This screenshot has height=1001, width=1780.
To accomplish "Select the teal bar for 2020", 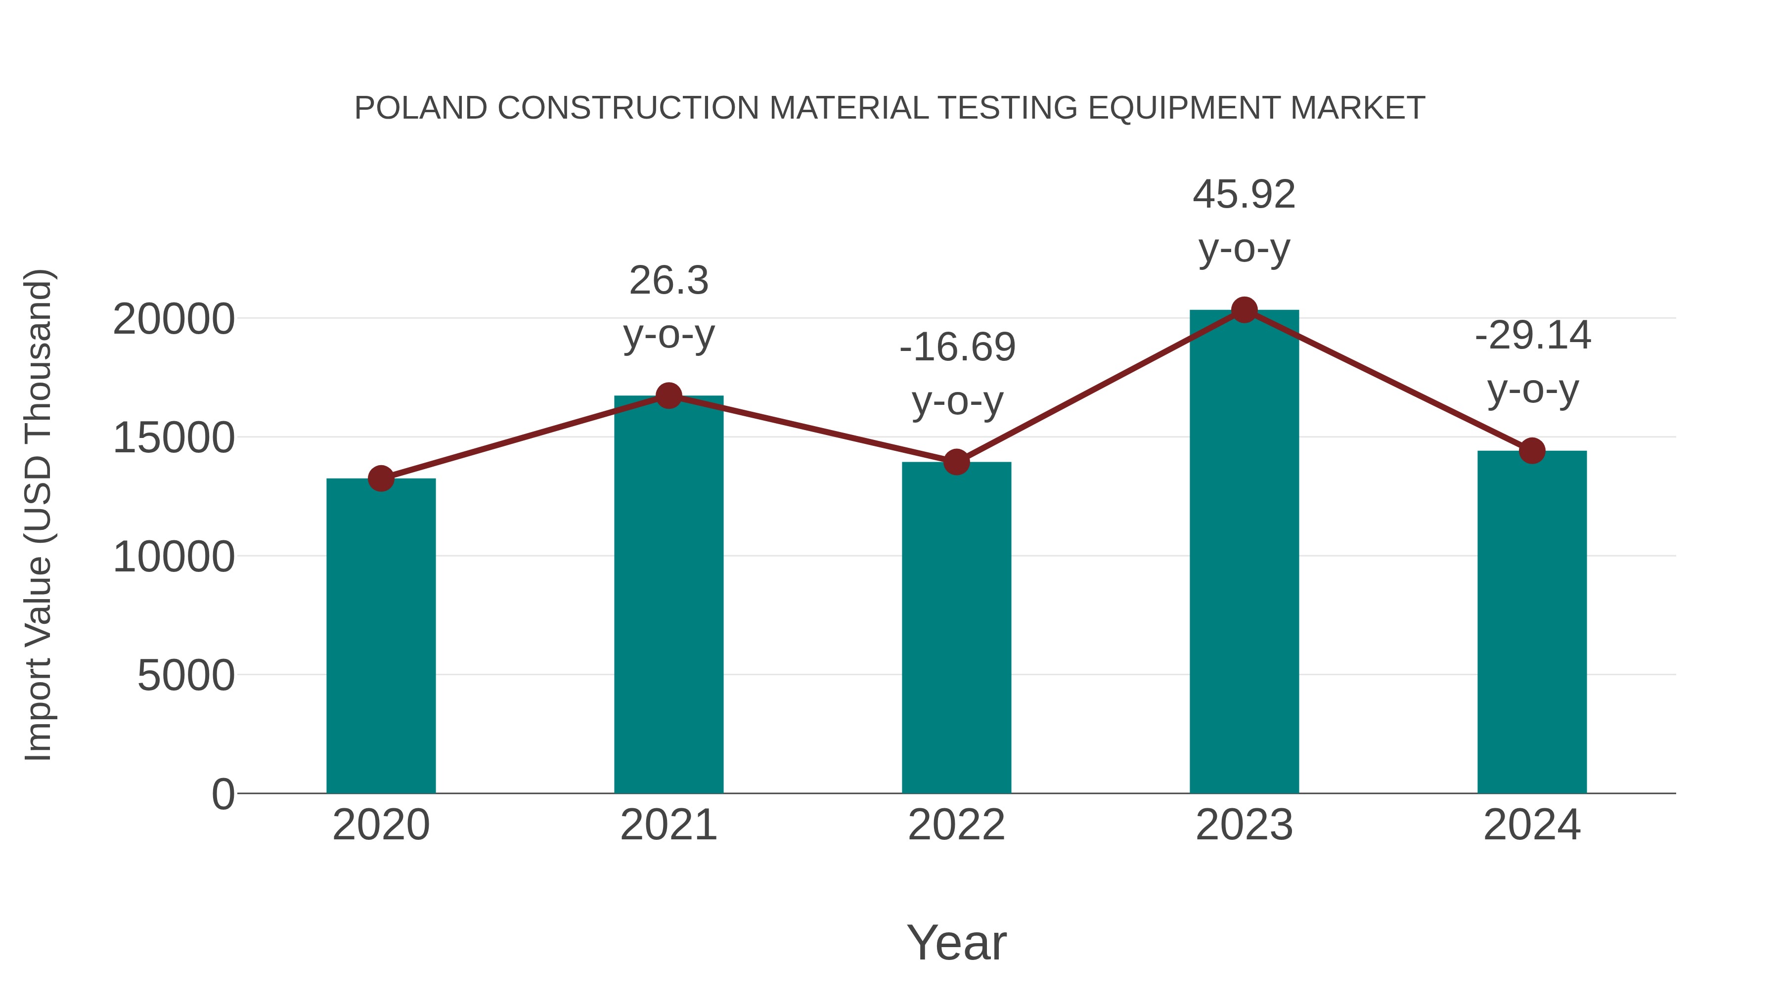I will (381, 636).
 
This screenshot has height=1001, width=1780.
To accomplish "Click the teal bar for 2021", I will (668, 594).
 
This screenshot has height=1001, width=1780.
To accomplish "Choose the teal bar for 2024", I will (1532, 622).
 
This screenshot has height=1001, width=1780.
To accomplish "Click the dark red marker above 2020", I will (381, 478).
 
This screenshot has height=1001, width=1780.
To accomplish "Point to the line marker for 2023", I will (1244, 310).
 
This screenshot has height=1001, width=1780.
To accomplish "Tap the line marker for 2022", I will (956, 462).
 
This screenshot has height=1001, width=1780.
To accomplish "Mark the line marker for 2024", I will (1532, 450).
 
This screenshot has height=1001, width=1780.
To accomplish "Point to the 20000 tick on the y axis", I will (174, 320).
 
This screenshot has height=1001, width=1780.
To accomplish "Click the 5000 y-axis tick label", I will (185, 676).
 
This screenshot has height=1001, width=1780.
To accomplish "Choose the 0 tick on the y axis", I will (222, 794).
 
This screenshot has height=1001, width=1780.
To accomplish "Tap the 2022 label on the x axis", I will (956, 826).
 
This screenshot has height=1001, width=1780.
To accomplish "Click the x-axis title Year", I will (956, 943).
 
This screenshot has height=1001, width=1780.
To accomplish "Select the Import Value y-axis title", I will (39, 515).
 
